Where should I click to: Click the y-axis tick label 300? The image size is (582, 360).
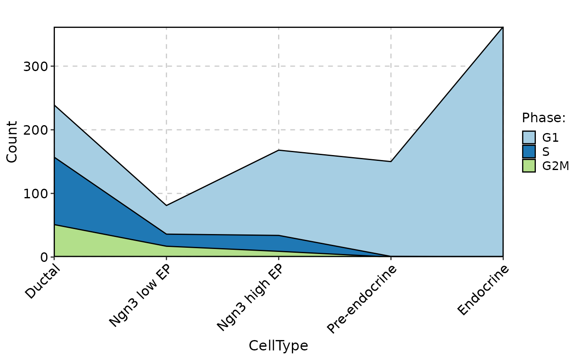(x=35, y=67)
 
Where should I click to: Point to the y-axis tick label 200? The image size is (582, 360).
(x=35, y=130)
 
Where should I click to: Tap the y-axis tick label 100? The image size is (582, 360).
(x=35, y=194)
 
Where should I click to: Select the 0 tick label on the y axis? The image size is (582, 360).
(x=43, y=257)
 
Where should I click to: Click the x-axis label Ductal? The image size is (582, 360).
(x=43, y=282)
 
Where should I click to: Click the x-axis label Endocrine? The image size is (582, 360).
(x=483, y=290)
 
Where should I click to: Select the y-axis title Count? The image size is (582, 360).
(x=12, y=142)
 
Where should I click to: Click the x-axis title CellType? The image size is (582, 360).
(x=278, y=346)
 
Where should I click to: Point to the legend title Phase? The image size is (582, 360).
(x=544, y=118)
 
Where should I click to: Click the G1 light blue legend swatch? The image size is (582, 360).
(x=529, y=137)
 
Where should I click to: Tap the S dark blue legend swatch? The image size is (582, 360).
(x=529, y=151)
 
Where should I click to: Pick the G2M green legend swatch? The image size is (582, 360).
(x=529, y=165)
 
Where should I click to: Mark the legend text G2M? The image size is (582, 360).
(x=555, y=166)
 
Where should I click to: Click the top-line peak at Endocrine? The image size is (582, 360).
(x=503, y=28)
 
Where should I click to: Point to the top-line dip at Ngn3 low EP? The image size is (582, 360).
(x=166, y=205)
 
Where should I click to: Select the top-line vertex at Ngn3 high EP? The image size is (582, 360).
(x=279, y=150)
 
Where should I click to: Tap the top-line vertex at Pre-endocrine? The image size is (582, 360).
(x=391, y=161)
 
